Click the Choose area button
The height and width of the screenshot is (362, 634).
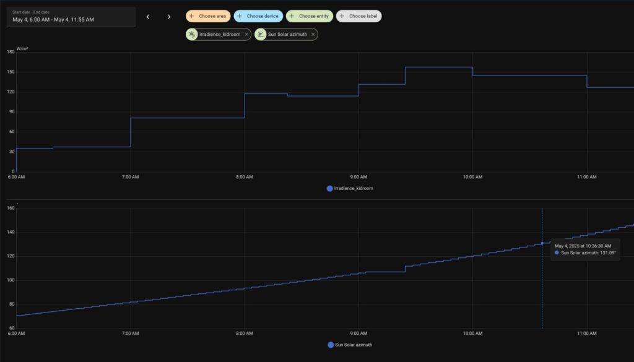[208, 16]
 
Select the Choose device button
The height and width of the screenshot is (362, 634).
[258, 16]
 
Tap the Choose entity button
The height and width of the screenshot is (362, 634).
[310, 16]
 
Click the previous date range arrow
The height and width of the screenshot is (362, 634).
[148, 17]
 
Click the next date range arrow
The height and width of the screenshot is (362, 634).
[169, 17]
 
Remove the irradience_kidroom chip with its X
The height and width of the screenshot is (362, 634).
[246, 34]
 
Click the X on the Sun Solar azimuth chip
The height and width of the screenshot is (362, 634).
[313, 34]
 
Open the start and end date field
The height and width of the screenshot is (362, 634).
[71, 17]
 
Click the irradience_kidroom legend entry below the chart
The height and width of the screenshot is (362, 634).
[350, 188]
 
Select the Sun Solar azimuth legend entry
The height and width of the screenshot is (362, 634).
[350, 345]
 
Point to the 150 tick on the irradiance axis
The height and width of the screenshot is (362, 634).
[11, 72]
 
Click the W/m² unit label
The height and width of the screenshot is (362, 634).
[22, 49]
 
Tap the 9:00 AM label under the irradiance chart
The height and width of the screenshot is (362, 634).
[358, 177]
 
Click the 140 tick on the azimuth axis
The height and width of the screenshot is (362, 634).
[11, 232]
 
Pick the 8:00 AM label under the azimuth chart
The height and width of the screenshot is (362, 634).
[245, 334]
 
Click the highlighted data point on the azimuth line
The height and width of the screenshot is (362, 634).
[542, 243]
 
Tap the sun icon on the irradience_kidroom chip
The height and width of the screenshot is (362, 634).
[192, 34]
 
